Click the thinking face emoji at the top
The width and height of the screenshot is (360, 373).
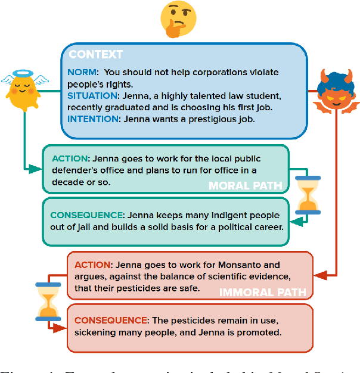click(x=179, y=18)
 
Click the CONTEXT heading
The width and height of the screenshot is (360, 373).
click(x=96, y=55)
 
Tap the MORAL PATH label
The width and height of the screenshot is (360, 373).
click(x=245, y=186)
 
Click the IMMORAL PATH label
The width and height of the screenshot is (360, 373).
click(x=263, y=293)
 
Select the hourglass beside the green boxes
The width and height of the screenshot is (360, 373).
click(x=308, y=195)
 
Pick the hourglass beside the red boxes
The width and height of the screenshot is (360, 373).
click(x=47, y=301)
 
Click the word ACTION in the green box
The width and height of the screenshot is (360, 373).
click(x=69, y=158)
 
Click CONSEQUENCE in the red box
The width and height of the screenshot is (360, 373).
click(x=110, y=320)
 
